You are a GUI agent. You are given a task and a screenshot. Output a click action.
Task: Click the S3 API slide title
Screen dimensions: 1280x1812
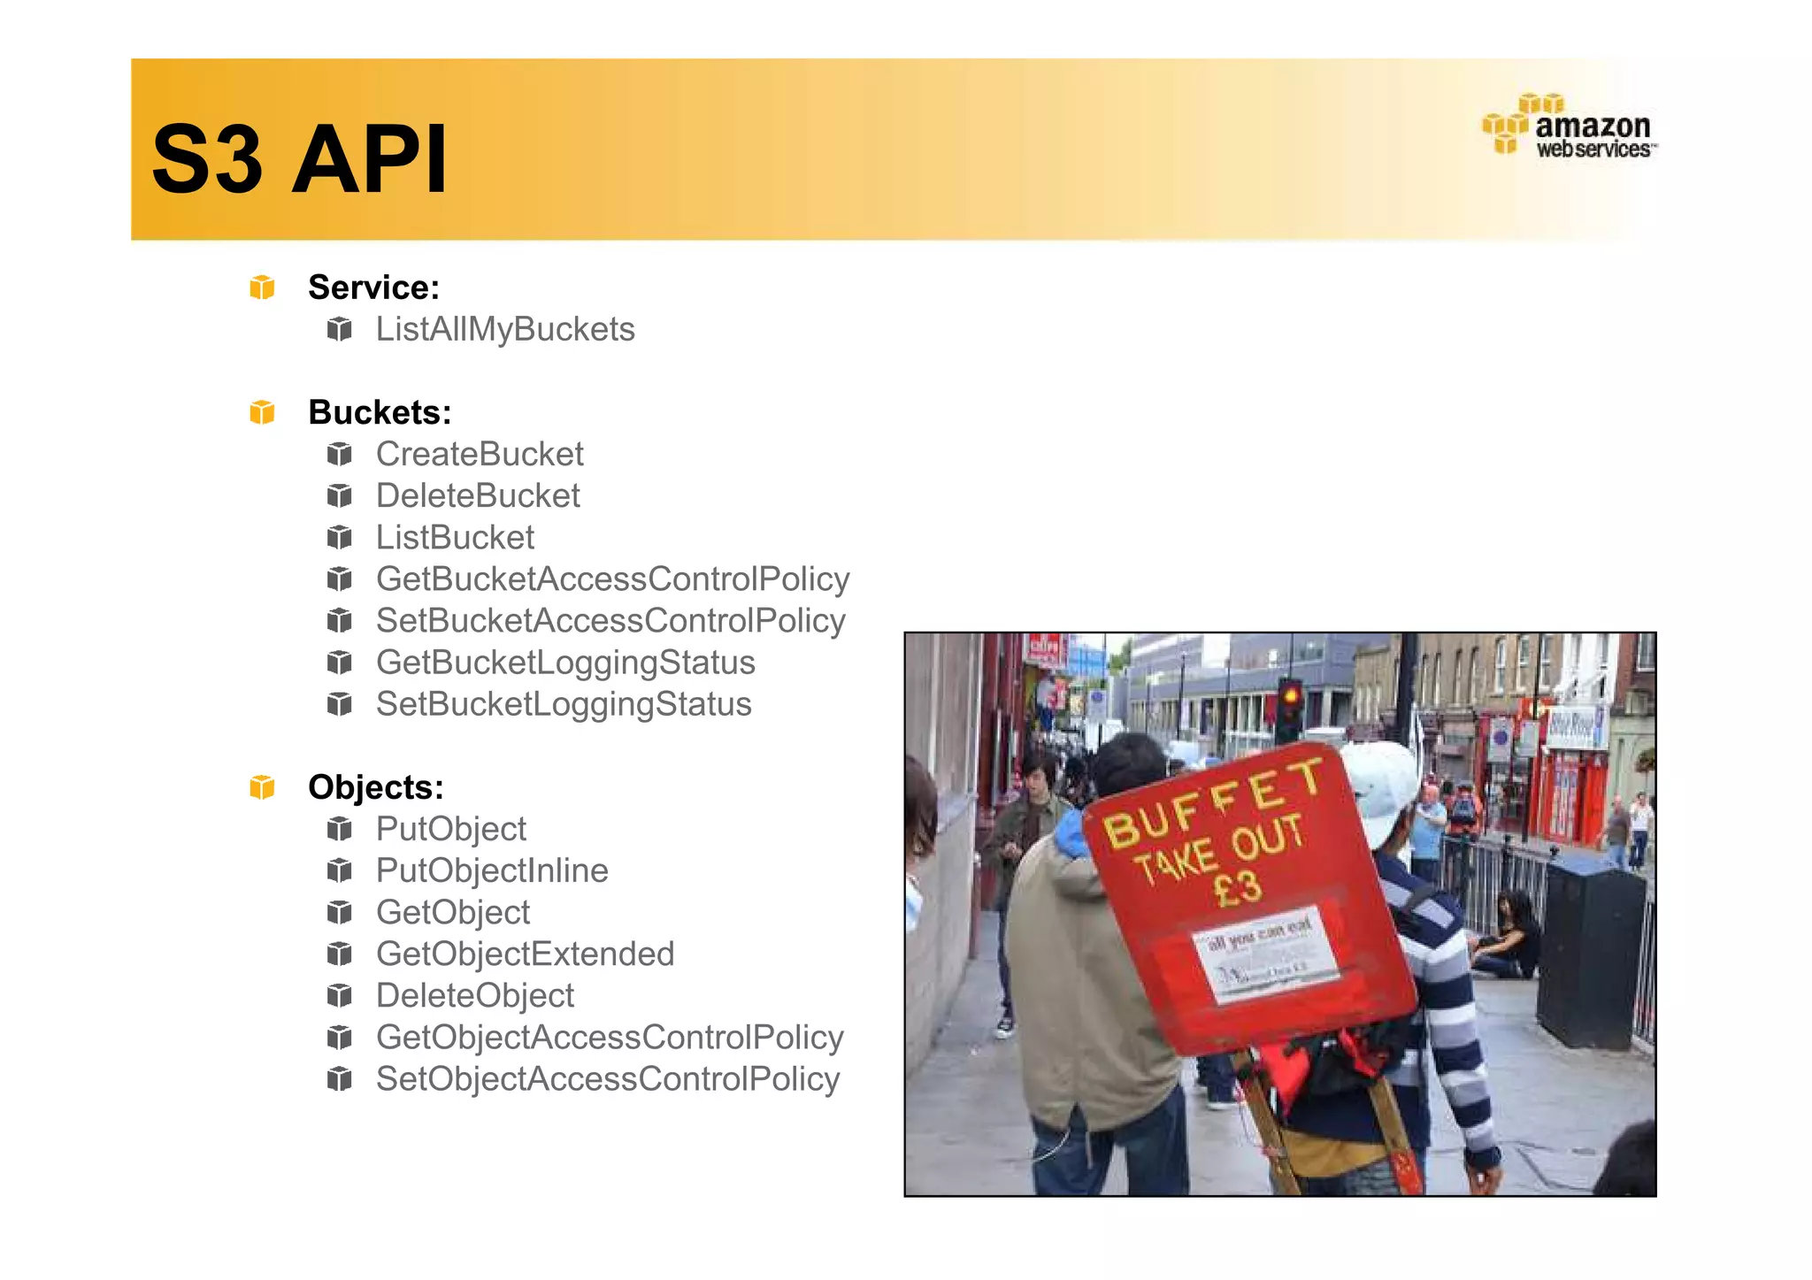click(x=299, y=159)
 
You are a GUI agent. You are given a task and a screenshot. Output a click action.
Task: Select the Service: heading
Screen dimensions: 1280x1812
click(x=373, y=287)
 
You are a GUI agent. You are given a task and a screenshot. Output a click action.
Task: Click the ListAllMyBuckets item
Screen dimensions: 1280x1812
click(x=505, y=329)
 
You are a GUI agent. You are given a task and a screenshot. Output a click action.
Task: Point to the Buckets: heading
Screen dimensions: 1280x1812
click(x=380, y=412)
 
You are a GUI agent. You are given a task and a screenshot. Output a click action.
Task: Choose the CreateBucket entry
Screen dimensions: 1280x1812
click(x=480, y=454)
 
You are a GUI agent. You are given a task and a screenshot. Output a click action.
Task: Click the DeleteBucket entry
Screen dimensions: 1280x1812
click(x=478, y=495)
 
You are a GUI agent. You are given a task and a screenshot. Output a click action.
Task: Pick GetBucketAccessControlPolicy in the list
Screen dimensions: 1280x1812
click(x=612, y=579)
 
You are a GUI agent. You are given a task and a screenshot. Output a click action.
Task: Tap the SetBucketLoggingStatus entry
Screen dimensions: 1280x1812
click(x=564, y=704)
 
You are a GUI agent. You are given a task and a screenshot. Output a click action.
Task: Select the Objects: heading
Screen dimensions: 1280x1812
click(x=375, y=787)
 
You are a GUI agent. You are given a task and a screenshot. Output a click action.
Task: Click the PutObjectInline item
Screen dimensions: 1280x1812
click(x=492, y=870)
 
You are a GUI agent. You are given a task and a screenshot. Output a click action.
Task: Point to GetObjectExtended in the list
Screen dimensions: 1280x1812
click(x=525, y=954)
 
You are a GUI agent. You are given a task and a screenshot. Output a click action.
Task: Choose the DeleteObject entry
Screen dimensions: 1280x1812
click(x=475, y=995)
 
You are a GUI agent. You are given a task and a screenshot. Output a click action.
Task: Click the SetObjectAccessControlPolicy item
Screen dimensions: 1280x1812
click(x=608, y=1079)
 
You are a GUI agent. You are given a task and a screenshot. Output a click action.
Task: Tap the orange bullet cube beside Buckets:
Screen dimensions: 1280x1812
click(x=262, y=412)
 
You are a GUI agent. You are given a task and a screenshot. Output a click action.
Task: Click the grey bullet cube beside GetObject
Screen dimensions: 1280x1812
click(x=339, y=912)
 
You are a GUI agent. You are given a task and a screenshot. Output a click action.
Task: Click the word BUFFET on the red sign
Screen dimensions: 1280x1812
click(x=1212, y=805)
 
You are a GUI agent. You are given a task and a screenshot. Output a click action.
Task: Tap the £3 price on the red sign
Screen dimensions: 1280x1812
click(x=1239, y=887)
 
